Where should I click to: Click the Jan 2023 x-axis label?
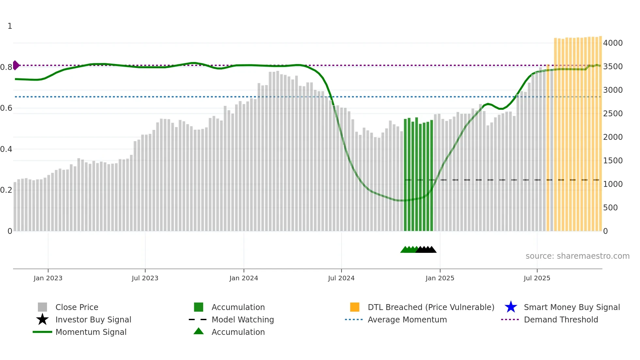pyautogui.click(x=48, y=278)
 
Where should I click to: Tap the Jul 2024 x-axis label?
pyautogui.click(x=341, y=278)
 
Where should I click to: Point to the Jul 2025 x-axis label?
pyautogui.click(x=537, y=278)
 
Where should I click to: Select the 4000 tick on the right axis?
pyautogui.click(x=613, y=43)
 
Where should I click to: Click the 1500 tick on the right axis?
pyautogui.click(x=613, y=161)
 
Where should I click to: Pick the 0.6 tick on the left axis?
pyautogui.click(x=7, y=108)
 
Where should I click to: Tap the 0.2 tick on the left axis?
pyautogui.click(x=7, y=190)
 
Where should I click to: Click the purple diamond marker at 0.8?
pyautogui.click(x=16, y=65)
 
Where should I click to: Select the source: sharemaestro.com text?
pyautogui.click(x=577, y=256)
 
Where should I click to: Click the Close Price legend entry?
pyautogui.click(x=77, y=307)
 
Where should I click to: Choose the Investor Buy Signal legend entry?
pyautogui.click(x=93, y=319)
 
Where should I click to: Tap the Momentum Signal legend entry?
pyautogui.click(x=91, y=332)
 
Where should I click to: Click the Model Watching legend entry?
pyautogui.click(x=243, y=319)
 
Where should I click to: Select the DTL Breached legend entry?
pyautogui.click(x=431, y=307)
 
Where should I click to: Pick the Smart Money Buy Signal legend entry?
pyautogui.click(x=572, y=307)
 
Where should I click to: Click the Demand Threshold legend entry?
pyautogui.click(x=561, y=319)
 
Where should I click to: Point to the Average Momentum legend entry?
pyautogui.click(x=407, y=319)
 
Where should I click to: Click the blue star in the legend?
pyautogui.click(x=511, y=307)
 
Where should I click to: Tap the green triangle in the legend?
pyautogui.click(x=199, y=332)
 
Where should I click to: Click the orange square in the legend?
pyautogui.click(x=355, y=307)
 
